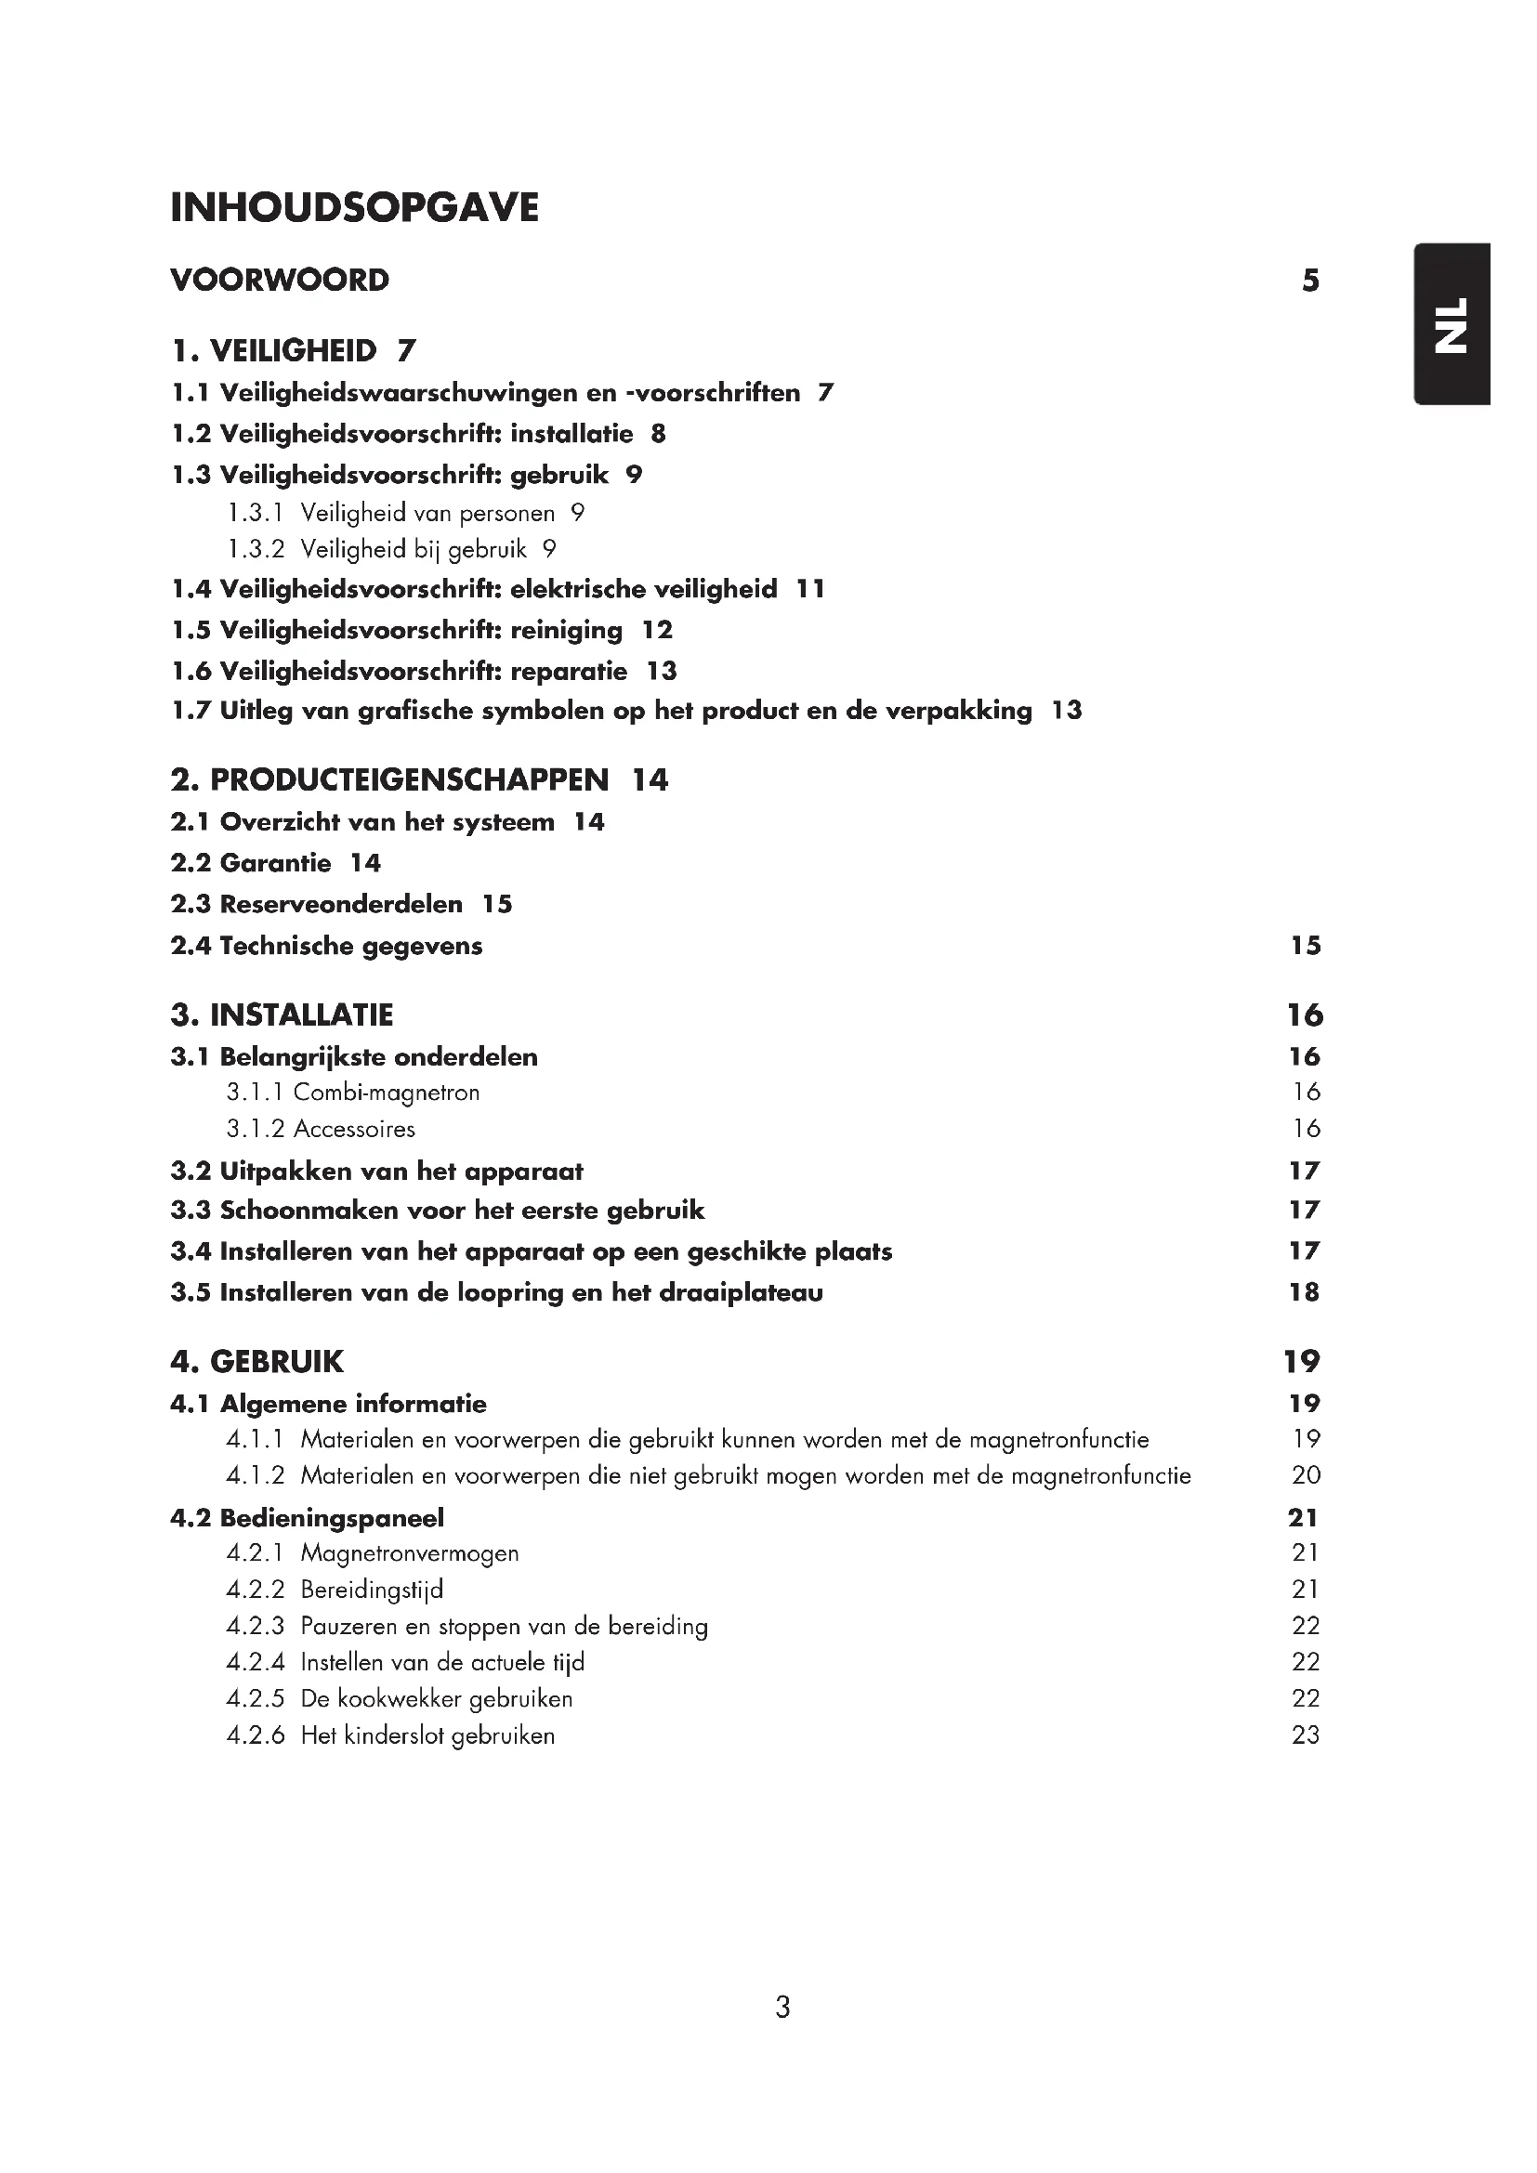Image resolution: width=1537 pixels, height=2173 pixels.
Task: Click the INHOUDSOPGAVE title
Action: [x=354, y=208]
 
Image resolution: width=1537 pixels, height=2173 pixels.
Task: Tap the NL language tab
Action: [x=1452, y=324]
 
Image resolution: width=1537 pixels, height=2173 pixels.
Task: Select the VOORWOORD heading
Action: [x=279, y=281]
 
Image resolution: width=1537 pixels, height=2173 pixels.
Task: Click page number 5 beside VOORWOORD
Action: [x=1310, y=281]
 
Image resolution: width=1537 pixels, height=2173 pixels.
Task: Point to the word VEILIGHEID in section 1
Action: [x=293, y=351]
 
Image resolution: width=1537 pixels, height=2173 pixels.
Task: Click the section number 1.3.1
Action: [x=256, y=513]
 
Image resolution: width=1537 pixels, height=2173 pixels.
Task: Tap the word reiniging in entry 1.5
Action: [x=566, y=630]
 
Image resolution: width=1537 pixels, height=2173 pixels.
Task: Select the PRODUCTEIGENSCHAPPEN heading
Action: [x=409, y=779]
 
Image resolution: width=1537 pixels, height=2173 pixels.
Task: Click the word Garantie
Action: [x=275, y=863]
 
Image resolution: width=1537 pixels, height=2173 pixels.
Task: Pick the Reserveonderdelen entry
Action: [x=341, y=904]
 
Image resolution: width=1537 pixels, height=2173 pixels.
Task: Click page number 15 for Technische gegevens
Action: [x=1305, y=946]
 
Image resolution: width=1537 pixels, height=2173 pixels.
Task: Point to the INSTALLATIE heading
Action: [x=301, y=1015]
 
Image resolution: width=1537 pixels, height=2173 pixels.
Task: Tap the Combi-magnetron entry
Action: [x=387, y=1093]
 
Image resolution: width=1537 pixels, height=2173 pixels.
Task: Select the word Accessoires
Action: [x=354, y=1129]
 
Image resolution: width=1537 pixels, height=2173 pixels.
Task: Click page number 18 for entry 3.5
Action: [x=1303, y=1293]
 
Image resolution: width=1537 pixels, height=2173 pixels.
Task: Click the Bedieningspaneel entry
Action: [x=331, y=1518]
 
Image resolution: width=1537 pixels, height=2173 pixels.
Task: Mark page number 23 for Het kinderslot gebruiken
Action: [x=1305, y=1734]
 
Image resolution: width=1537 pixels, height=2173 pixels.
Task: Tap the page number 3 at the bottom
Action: [x=782, y=2007]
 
